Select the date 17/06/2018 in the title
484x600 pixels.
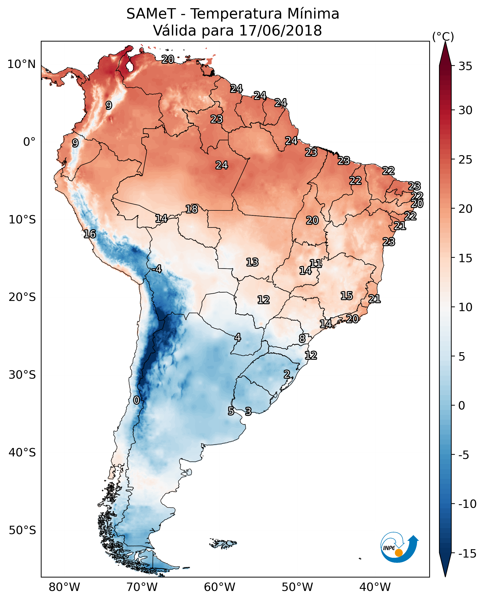point(281,30)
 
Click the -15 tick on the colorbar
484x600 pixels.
point(467,554)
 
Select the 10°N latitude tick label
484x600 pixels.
point(22,65)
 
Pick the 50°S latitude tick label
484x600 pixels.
point(22,530)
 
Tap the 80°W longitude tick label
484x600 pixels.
point(65,585)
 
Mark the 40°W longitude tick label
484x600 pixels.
point(375,585)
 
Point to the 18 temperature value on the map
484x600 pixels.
point(192,209)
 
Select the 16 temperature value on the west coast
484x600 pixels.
point(90,234)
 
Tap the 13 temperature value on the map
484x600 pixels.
point(252,262)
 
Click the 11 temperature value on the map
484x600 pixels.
point(316,264)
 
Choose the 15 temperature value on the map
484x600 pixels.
point(347,296)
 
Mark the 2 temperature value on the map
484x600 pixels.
point(287,374)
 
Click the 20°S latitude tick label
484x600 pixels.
point(22,297)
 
